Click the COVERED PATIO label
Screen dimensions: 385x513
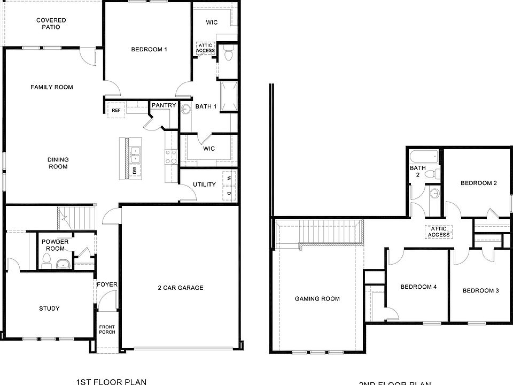(51, 24)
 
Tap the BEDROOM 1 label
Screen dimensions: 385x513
(149, 50)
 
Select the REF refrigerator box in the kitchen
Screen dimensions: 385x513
(116, 110)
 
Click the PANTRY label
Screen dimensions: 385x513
(164, 105)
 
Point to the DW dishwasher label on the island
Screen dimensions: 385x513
(135, 171)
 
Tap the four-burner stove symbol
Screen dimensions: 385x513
(171, 156)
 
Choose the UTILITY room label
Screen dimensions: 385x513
(204, 184)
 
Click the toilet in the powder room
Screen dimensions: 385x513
(46, 260)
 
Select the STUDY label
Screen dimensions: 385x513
(49, 309)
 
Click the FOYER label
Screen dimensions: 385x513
(107, 284)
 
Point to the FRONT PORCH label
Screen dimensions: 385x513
(107, 329)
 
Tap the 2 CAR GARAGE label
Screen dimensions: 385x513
(180, 288)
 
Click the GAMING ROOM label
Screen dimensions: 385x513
(317, 299)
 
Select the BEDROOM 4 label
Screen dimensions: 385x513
(418, 287)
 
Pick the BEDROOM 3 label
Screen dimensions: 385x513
(480, 291)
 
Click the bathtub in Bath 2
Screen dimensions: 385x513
(424, 158)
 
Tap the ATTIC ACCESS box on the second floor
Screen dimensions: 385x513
(439, 232)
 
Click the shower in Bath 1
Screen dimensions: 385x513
(229, 97)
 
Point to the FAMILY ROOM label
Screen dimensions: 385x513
(51, 87)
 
